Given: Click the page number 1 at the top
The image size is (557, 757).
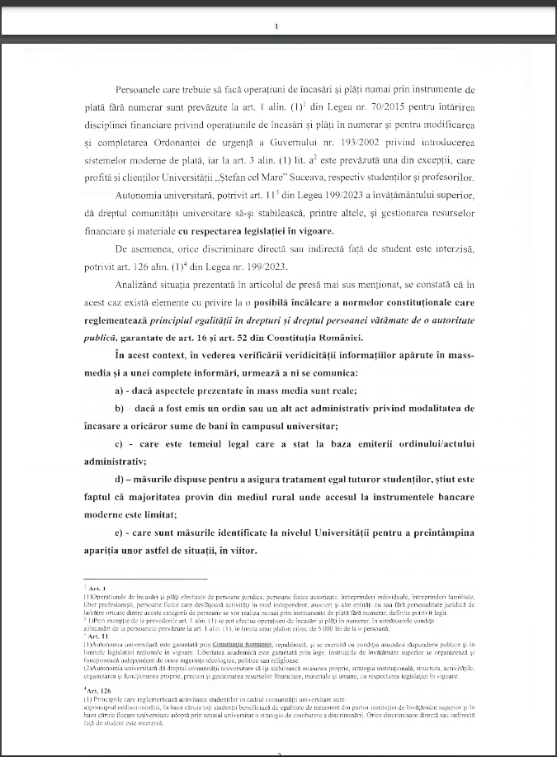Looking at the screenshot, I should coord(276,26).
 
